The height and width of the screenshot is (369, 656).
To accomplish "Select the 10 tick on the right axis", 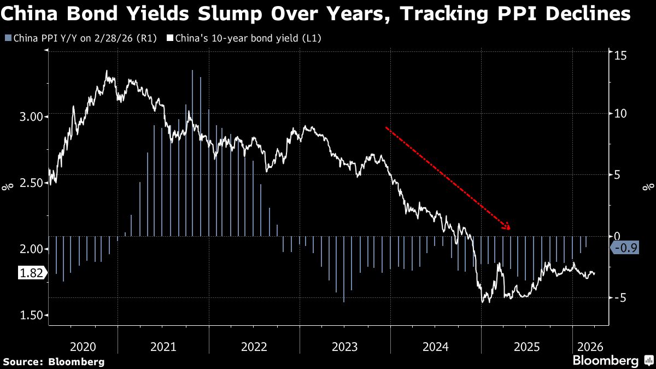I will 619,113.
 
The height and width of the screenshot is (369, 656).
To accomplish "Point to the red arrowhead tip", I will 509,229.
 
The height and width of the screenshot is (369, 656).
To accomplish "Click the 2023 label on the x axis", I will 344,347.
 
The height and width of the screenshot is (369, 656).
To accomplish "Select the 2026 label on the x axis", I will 591,347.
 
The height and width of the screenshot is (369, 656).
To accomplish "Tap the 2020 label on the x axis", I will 83,347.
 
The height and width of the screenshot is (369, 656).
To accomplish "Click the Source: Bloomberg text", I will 54,361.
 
